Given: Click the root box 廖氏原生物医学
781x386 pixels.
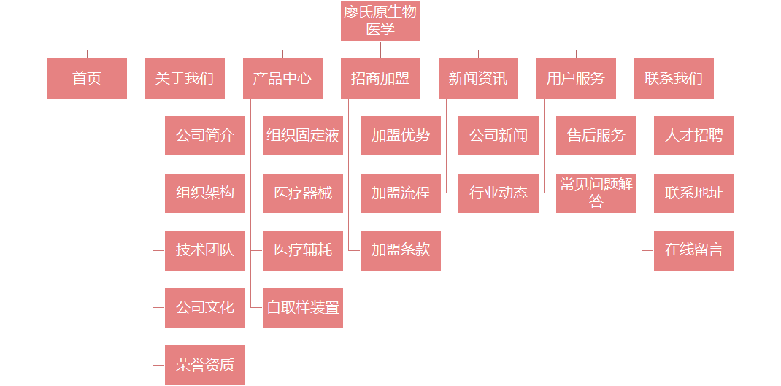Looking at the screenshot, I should click(380, 21).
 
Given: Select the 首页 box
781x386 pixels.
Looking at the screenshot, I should click(87, 78).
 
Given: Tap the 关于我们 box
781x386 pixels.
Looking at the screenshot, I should click(185, 78).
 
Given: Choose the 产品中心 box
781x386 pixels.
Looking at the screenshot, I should click(282, 78).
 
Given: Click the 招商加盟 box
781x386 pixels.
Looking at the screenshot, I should click(380, 78).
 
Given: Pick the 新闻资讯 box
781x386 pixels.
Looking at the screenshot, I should click(478, 78).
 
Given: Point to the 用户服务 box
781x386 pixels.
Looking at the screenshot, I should click(576, 78).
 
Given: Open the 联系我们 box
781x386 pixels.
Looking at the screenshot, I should click(674, 78).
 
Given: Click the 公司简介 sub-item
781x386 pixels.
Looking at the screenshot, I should click(205, 136).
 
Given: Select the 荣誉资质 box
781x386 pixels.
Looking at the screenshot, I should click(205, 365).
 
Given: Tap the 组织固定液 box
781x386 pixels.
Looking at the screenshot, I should click(303, 136).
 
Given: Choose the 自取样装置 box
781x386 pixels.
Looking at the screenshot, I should click(303, 308).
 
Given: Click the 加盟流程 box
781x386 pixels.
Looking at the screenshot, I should click(401, 193).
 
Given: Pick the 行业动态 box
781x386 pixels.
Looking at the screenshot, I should click(499, 193).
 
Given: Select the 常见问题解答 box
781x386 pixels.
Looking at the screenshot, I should click(596, 193).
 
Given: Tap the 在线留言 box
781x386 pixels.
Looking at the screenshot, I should click(694, 250).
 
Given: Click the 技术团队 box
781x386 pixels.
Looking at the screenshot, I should click(205, 250).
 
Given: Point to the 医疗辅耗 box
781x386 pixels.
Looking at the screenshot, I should click(303, 250).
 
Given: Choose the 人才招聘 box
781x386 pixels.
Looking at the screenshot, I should click(694, 136).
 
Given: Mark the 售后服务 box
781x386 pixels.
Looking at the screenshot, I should click(596, 136).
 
